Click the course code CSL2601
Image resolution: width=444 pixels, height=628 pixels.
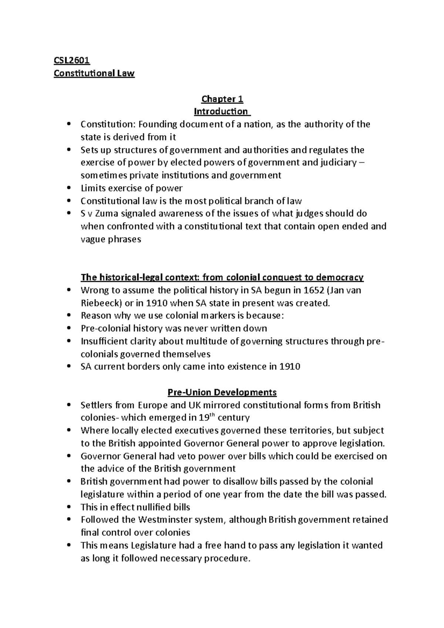point(72,60)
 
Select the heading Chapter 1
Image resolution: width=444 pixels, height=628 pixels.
point(222,99)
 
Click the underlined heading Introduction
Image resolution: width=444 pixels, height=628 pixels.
point(221,111)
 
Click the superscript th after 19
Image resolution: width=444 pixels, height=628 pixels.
point(212,415)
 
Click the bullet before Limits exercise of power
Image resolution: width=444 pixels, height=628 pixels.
point(69,188)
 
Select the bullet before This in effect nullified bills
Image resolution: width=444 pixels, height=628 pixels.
point(69,507)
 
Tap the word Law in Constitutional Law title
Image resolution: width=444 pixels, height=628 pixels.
point(126,73)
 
